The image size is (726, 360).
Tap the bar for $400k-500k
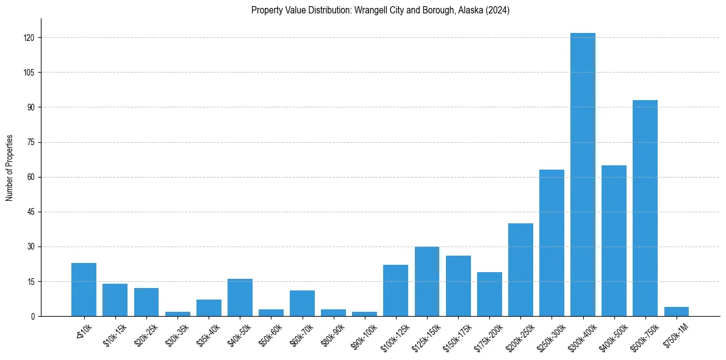pos(614,240)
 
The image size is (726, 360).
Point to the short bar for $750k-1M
pos(676,312)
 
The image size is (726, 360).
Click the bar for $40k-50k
pos(240,298)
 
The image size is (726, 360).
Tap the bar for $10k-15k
pos(115,300)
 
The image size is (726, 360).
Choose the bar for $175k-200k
pos(489,294)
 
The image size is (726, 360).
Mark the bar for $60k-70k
pos(302,303)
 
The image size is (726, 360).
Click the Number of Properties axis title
pos(10,168)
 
